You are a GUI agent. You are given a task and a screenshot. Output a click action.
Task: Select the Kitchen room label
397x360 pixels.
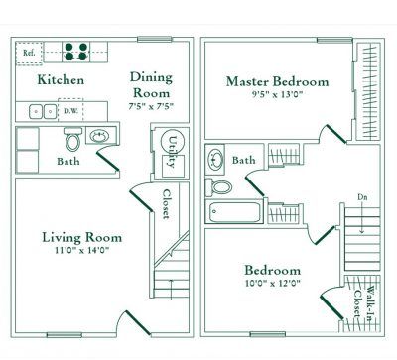pos(61,80)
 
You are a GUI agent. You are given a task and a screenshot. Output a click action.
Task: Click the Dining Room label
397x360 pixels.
pos(151,85)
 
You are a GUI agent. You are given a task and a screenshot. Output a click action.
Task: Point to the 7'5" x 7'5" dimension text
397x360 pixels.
pos(151,106)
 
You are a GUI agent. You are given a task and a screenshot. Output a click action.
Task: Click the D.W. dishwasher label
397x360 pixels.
pos(71,111)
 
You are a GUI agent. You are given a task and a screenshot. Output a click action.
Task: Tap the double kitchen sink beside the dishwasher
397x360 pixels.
pos(41,111)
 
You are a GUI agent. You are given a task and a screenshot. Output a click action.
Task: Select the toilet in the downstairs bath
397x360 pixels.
pos(70,145)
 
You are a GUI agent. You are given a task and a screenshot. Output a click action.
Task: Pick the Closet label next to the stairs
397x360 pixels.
pos(167,203)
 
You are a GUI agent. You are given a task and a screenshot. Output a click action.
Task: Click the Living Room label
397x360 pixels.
pos(82,237)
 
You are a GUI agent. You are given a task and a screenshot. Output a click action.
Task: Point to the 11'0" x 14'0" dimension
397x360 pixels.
pos(82,253)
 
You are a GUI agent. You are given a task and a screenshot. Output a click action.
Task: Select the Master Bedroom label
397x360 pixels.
pos(276,81)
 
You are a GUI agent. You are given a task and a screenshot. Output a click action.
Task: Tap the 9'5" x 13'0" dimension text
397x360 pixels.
pos(276,97)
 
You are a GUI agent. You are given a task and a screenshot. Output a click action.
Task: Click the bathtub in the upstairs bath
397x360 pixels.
pos(236,212)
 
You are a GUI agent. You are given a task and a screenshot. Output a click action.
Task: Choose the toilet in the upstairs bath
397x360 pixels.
pos(220,186)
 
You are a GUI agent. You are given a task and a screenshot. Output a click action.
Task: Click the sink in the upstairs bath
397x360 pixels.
pos(215,157)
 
